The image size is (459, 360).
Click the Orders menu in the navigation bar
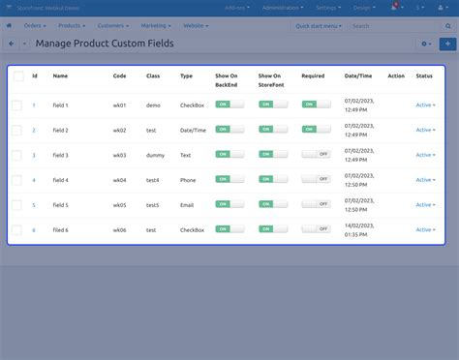click(34, 25)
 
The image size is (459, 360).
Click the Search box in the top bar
click(400, 25)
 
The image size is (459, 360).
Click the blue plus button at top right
click(447, 44)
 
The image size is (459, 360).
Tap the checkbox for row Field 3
click(16, 155)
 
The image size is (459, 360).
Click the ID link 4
click(34, 180)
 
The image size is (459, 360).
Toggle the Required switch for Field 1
click(309, 104)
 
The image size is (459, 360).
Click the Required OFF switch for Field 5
click(316, 204)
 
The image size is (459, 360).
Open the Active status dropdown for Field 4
click(425, 180)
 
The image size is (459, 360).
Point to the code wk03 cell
click(119, 155)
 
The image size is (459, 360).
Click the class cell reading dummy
click(154, 155)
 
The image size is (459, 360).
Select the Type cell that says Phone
click(188, 180)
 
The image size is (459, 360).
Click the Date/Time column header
click(357, 75)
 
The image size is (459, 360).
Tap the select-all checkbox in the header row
click(17, 75)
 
